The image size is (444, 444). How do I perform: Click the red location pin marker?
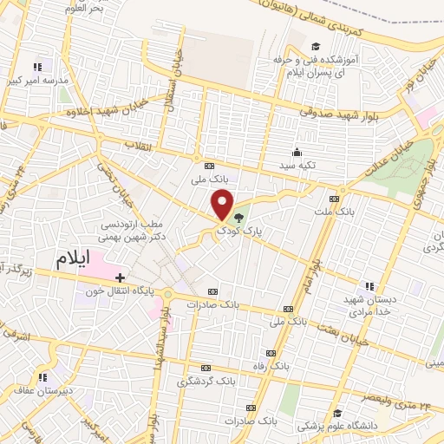pos(223,205)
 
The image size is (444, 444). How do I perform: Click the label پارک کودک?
pos(238,232)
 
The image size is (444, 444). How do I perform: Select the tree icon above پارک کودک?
pos(238,218)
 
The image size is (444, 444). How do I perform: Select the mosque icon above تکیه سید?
pos(297,151)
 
